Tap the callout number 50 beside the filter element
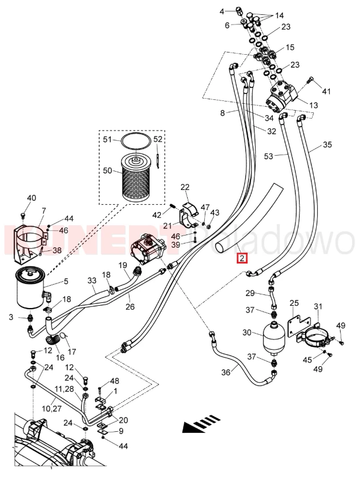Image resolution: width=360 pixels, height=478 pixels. click(108, 170)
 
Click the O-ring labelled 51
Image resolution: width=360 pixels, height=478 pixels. click(135, 139)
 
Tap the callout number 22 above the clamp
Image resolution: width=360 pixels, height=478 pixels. click(185, 188)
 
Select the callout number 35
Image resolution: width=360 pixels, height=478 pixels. click(327, 144)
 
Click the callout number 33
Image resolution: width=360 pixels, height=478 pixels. click(92, 281)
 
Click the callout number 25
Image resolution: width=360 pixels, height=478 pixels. click(294, 303)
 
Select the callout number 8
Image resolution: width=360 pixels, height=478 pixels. click(223, 113)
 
